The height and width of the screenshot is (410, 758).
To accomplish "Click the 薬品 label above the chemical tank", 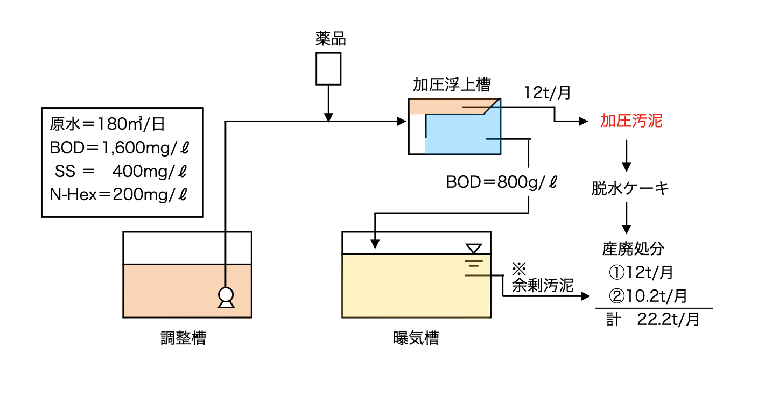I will coord(330,39).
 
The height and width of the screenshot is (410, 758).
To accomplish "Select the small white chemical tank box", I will coord(328,68).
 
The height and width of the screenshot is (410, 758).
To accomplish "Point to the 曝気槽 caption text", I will coord(416,338).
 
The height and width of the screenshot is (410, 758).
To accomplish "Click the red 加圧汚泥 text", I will coord(631,121).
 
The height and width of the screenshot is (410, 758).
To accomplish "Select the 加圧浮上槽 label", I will coord(451,85).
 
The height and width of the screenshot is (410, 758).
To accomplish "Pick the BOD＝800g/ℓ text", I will coord(502,182).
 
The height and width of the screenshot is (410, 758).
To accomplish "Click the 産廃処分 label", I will coord(633,249).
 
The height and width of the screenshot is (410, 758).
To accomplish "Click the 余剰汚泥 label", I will coord(543,285).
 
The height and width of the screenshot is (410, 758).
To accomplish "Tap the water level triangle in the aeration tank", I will coord(474,249).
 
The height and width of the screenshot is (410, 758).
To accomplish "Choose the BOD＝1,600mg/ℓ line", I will coord(119,148).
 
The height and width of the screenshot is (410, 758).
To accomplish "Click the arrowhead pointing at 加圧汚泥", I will coord(584,122).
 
